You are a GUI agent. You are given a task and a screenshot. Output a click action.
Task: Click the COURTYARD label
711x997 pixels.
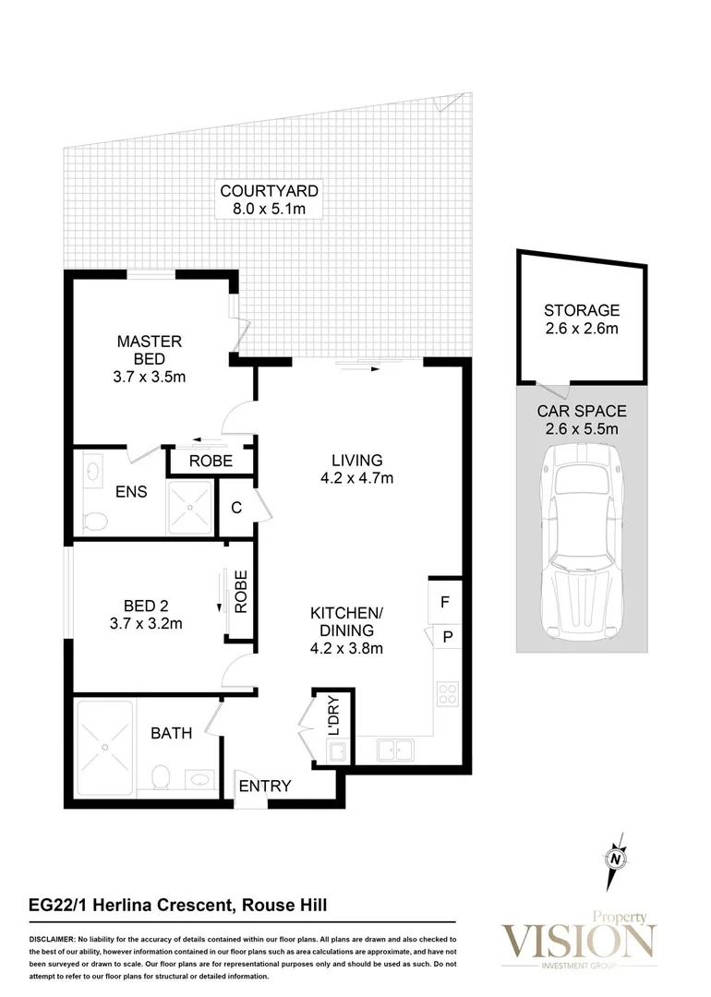coord(269,191)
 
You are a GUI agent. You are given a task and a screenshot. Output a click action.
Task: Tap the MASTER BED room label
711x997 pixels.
coord(149,342)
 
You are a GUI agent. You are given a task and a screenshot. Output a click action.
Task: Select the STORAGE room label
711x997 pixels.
coord(581,310)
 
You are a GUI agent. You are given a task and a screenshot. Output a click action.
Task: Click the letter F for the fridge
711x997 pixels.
coord(444,602)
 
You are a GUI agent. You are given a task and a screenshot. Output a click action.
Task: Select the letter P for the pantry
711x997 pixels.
coord(445,636)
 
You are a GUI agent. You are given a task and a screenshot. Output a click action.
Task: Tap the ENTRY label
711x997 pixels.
coord(265,787)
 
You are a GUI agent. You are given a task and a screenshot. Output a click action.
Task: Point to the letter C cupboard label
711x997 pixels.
coord(236,507)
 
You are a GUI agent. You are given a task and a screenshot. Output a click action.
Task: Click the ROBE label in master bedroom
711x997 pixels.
coord(210,461)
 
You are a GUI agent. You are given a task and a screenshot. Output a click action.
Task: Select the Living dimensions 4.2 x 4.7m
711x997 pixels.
coord(356,478)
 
